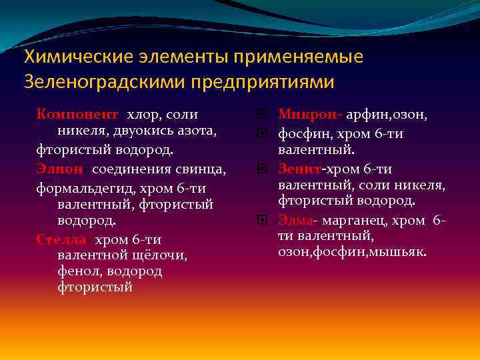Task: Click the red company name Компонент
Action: [x=77, y=115]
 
